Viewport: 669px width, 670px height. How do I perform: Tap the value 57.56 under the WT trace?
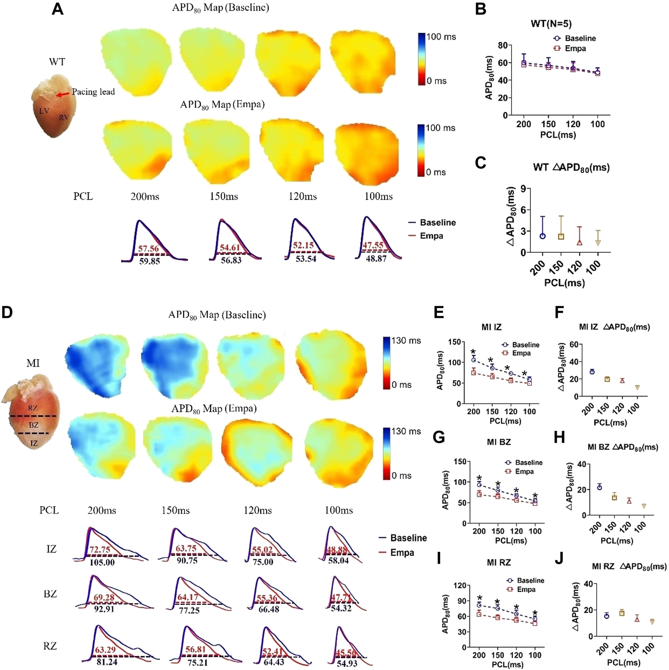[148, 248]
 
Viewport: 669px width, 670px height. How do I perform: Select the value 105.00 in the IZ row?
[102, 562]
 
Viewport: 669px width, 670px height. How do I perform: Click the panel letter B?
[480, 9]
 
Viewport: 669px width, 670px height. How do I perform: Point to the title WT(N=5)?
[551, 24]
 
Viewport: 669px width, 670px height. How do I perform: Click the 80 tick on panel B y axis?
[502, 45]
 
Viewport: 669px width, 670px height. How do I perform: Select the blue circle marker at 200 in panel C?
[543, 236]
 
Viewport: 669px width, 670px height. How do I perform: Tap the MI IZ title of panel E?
[491, 327]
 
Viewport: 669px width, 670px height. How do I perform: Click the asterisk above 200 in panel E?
[473, 352]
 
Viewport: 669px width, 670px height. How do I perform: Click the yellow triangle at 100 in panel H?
[644, 506]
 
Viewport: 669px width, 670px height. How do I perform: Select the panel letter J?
[559, 559]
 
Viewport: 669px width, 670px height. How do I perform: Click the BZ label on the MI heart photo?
[33, 425]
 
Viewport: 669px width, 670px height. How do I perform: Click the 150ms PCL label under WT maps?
[224, 197]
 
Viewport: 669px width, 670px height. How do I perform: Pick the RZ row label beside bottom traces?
[50, 646]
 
